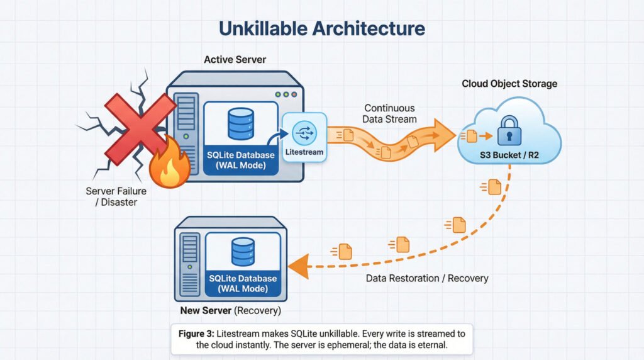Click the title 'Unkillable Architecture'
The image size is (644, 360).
[x=321, y=28]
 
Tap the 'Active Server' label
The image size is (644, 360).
[x=235, y=60]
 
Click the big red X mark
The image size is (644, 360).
[x=140, y=128]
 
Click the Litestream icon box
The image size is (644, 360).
[x=304, y=137]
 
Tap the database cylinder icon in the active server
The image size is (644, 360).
[x=241, y=123]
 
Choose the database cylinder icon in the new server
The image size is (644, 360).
[x=243, y=252]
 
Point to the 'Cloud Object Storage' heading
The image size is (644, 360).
[x=509, y=84]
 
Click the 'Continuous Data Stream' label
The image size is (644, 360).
[x=390, y=114]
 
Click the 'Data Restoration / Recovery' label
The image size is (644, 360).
[x=428, y=278]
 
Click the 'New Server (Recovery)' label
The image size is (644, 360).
[x=230, y=311]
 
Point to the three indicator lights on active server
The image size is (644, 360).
[x=286, y=94]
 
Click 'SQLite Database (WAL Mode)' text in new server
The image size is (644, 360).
[x=243, y=283]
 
